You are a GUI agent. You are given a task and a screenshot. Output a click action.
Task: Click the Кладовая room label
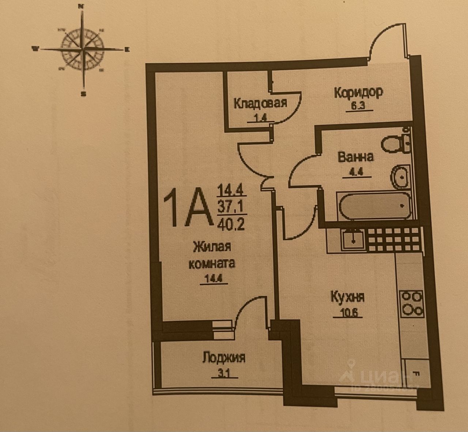pos(260,103)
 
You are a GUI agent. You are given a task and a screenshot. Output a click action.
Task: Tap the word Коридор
pos(358,92)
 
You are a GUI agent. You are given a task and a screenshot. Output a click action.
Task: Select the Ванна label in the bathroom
pos(355,157)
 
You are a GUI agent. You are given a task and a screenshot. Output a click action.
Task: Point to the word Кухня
pos(347,296)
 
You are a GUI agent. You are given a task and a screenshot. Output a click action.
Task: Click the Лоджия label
pos(223,357)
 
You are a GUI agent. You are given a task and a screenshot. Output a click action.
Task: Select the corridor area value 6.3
pos(353,108)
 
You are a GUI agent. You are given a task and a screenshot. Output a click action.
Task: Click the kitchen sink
pos(352,239)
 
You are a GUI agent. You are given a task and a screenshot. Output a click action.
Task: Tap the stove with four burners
pos(412,303)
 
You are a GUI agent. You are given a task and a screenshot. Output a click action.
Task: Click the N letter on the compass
pos(82,6)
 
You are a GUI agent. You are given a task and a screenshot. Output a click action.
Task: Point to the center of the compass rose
pos(84,49)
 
